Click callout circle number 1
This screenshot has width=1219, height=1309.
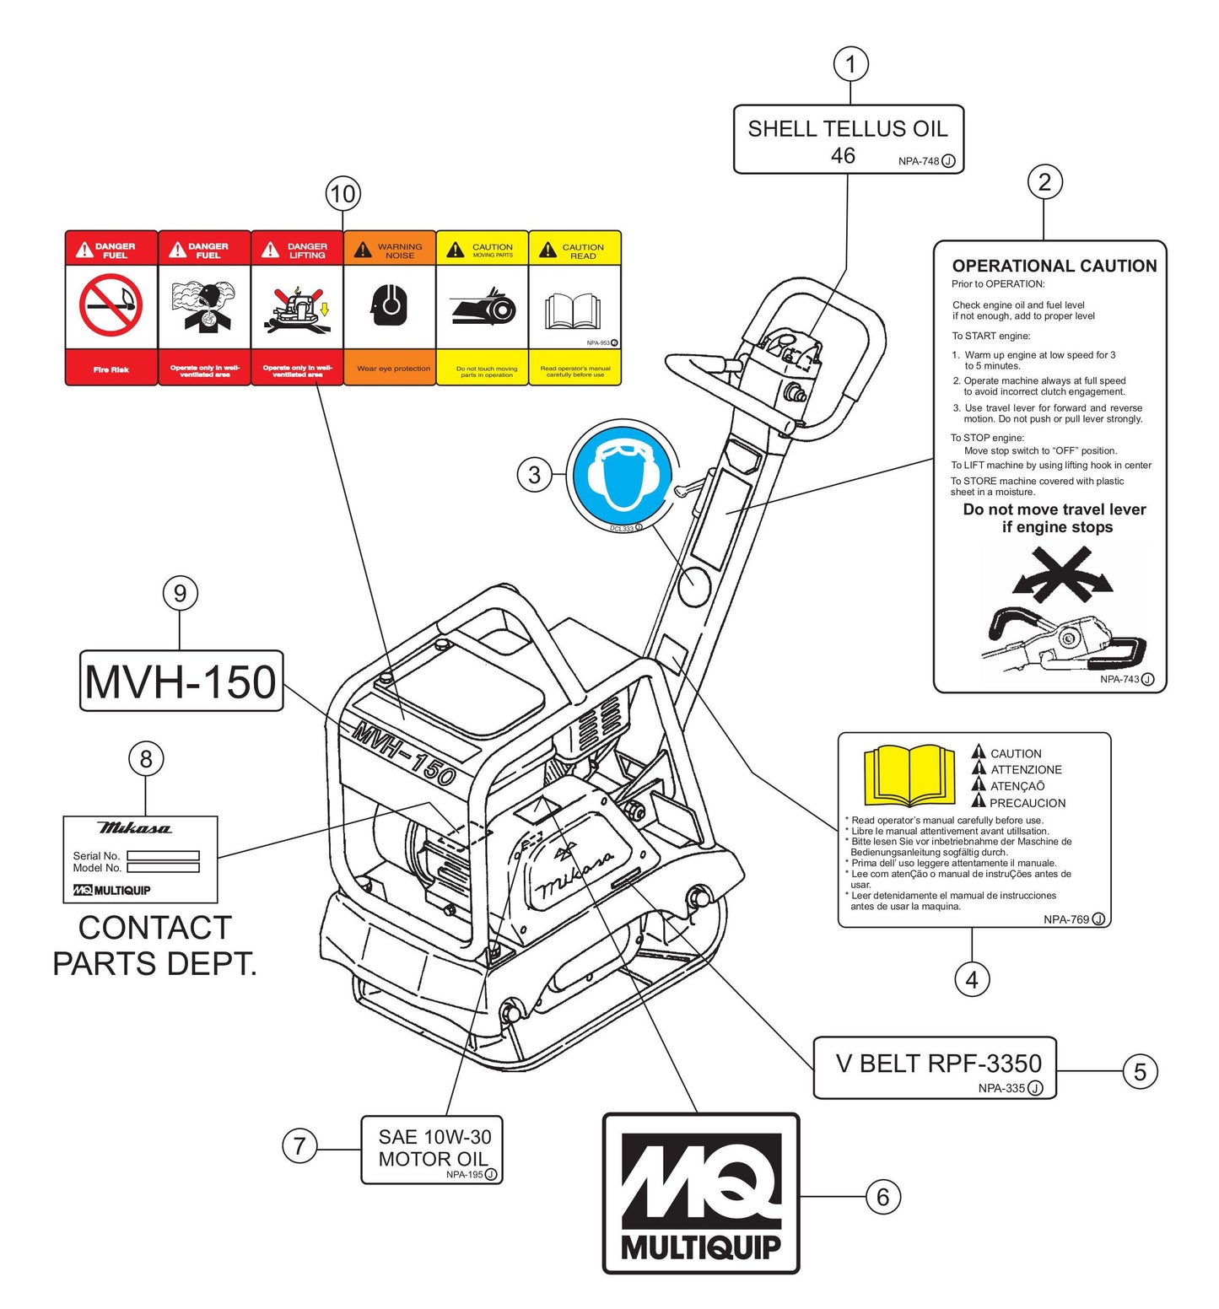coord(850,64)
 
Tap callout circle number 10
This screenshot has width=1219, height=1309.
coord(343,194)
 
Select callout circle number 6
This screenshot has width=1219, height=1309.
coord(882,1196)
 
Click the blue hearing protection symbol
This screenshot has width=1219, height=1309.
coord(623,475)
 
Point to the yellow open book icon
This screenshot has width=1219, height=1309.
coord(909,774)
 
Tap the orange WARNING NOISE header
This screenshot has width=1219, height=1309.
coord(390,250)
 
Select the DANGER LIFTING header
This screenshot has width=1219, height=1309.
coord(297,250)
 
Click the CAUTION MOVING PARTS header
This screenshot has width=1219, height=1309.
coord(483,250)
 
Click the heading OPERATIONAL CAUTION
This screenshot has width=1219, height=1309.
coord(1054,266)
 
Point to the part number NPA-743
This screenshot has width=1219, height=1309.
coord(1119,679)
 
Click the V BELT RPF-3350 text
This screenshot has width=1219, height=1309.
coord(938,1064)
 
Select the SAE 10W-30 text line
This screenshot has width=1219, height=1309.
coord(434,1137)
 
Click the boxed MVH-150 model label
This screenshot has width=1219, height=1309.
coord(181,681)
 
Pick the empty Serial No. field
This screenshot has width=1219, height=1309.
coord(163,855)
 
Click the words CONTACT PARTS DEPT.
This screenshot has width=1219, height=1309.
coord(154,945)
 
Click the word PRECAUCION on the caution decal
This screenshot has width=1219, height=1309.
coord(1027,803)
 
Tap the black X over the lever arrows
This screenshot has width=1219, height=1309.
coord(1061,572)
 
